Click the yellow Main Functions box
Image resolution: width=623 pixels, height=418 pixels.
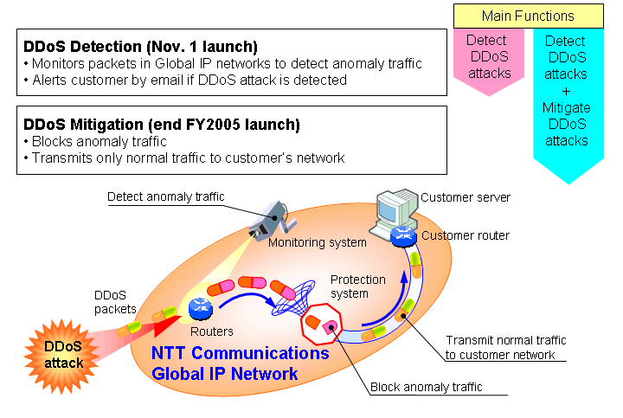coord(528,16)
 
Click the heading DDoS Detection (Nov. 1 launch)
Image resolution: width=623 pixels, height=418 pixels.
coord(140,46)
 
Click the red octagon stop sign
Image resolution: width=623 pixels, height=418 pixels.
coord(322,326)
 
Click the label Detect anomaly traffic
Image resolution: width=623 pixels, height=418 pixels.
coord(165,196)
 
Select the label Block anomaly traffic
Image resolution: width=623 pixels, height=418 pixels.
coord(426,388)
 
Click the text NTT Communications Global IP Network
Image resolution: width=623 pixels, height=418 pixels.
coord(240,363)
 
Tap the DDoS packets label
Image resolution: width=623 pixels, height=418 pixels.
coord(115,302)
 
